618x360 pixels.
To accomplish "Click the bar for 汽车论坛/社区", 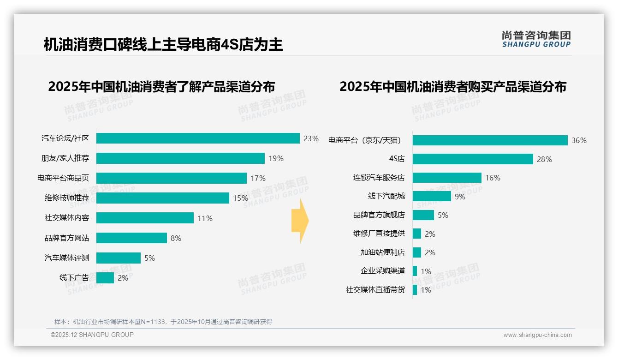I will tap(198, 138).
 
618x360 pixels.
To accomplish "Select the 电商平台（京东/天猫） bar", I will tap(490, 140).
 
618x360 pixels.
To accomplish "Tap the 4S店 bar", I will tap(473, 159).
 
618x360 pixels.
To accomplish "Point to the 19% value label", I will tap(276, 158).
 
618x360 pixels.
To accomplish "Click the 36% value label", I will tap(579, 140).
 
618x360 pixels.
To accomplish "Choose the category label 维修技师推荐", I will tap(66, 198).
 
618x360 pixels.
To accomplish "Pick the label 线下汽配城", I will tap(386, 196).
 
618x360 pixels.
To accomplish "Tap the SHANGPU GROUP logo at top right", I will tap(536, 39).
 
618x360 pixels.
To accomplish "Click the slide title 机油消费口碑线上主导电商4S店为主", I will tap(163, 45).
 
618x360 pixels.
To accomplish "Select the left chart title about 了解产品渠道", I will tap(161, 87).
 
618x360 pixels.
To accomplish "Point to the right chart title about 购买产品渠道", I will tap(453, 87).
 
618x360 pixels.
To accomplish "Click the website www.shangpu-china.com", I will tap(537, 335).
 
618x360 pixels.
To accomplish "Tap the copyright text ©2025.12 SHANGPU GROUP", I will tap(92, 335).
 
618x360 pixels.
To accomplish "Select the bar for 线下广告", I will tap(105, 278).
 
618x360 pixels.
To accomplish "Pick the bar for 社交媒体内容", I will tap(145, 218).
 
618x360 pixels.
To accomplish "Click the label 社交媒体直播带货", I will tap(375, 290).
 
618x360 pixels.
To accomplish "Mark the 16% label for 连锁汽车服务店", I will tap(493, 178).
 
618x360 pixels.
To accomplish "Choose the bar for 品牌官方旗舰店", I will tap(423, 215).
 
